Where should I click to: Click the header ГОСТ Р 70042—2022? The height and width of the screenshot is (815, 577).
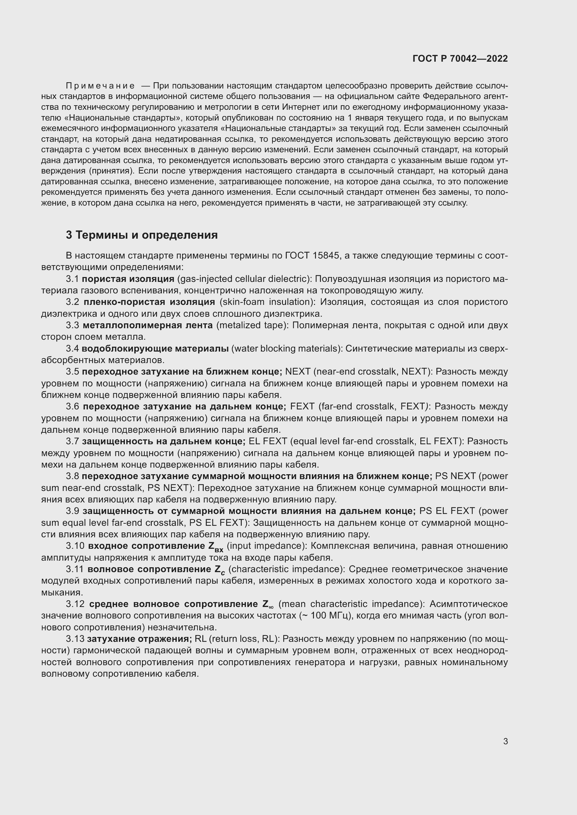pos(460,59)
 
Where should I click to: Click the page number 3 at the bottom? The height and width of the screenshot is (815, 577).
pos(505,741)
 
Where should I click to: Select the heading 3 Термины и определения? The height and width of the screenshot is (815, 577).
pos(142,235)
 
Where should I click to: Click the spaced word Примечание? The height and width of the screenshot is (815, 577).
pos(100,86)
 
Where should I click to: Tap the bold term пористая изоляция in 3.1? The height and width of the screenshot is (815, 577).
pos(128,279)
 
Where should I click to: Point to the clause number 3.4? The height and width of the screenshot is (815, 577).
pos(72,348)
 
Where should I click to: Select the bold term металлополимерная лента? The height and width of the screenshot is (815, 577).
pos(148,325)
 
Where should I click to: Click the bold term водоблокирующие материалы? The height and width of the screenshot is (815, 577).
pos(155,348)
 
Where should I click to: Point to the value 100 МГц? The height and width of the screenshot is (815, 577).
pos(330,615)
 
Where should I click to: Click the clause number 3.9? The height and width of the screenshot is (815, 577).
pos(73,511)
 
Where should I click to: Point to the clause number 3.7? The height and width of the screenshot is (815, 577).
pos(72,441)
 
